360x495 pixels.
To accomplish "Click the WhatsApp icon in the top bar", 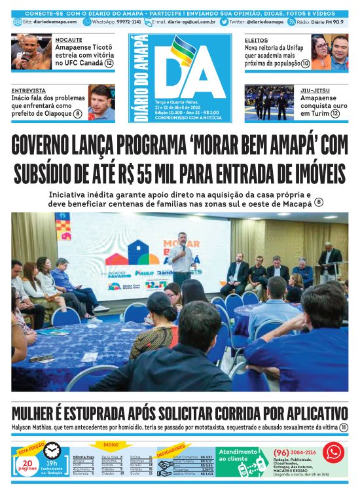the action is [x=87, y=22].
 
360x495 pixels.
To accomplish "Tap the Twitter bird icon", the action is [x=225, y=22].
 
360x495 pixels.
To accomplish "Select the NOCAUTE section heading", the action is [x=69, y=40].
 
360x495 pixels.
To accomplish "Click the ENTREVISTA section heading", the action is [x=29, y=90].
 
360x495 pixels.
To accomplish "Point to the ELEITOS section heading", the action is [x=257, y=40].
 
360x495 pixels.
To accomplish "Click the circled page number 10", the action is [x=306, y=64].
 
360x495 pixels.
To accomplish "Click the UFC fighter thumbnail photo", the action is [x=31, y=52].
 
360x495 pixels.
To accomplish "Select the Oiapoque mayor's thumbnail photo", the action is [x=101, y=103].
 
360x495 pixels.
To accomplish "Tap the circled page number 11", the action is [x=344, y=428].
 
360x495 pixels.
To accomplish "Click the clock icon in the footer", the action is [x=52, y=450].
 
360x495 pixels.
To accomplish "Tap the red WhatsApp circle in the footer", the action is [x=334, y=452].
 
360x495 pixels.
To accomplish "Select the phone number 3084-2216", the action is [x=302, y=452].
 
